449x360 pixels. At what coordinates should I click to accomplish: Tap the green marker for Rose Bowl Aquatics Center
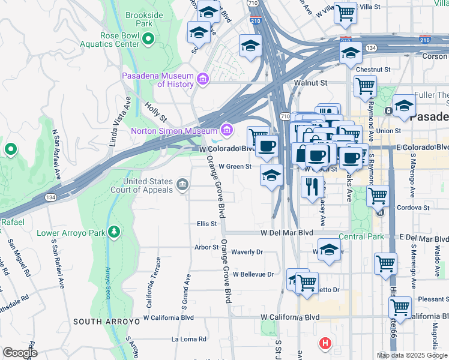tap(148, 40)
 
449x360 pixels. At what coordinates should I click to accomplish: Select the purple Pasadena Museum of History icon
tap(202, 79)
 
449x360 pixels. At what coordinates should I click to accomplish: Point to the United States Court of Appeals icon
tap(182, 182)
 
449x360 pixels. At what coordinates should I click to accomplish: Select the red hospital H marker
tap(325, 344)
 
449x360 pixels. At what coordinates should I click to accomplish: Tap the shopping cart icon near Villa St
tap(345, 12)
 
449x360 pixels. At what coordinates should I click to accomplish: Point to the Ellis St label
tap(206, 224)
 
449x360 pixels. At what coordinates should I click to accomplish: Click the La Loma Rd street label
tap(189, 339)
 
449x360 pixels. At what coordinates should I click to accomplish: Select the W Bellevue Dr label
tap(253, 274)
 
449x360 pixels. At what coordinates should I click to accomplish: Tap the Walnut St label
tap(310, 83)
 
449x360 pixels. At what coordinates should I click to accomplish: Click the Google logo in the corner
tap(20, 353)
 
